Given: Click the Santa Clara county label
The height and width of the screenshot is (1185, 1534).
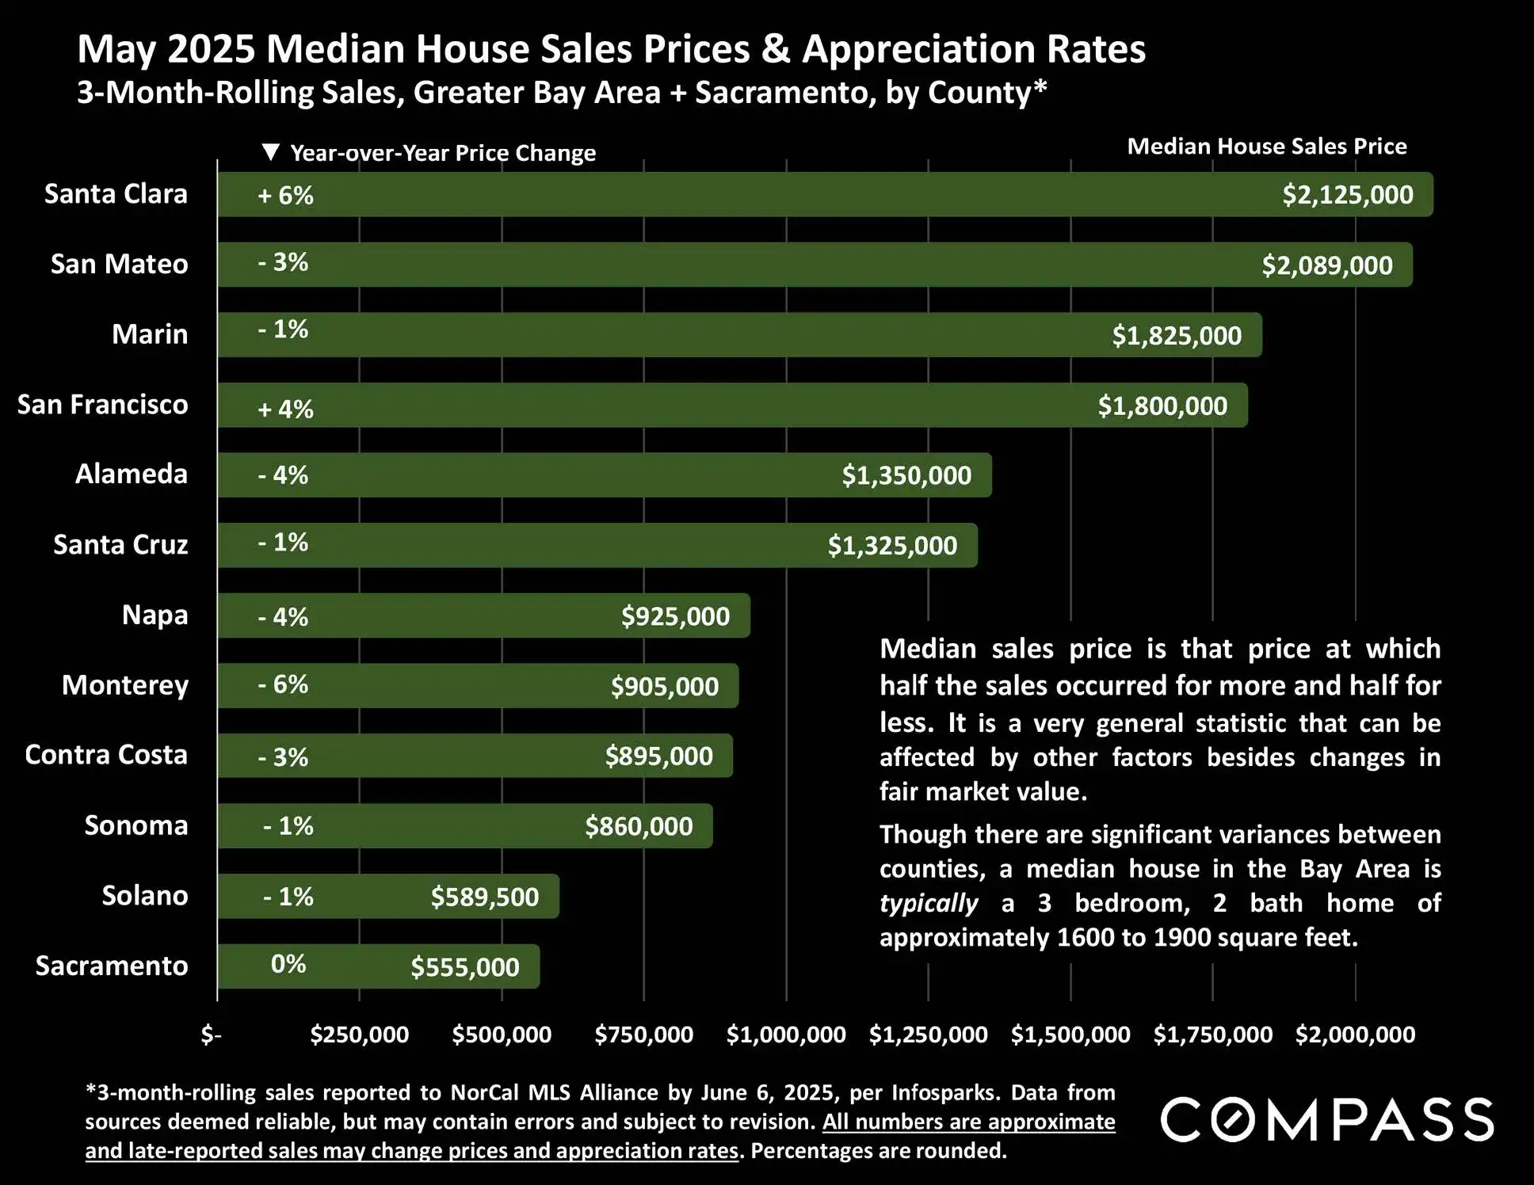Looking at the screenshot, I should [116, 194].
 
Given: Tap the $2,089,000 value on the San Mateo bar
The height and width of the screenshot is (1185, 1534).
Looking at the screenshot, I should [1326, 265].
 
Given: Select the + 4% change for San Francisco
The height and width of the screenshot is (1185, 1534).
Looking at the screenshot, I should [285, 409].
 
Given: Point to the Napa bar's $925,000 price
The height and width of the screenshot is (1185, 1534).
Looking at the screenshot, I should [675, 616].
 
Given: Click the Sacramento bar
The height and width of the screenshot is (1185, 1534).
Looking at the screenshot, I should [378, 966].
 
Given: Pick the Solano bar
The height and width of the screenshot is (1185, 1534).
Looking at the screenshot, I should [387, 897].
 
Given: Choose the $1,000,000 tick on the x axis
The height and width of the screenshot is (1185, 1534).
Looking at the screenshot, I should [786, 1034].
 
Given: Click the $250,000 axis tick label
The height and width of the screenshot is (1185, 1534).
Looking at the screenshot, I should [359, 1034].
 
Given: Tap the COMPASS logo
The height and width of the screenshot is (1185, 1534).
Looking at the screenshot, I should [1327, 1119].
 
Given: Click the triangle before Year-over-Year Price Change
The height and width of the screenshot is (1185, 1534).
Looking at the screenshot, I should [271, 152].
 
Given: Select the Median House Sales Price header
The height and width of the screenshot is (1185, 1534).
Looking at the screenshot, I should [1266, 147].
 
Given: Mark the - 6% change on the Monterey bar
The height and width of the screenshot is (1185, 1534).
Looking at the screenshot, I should [283, 684].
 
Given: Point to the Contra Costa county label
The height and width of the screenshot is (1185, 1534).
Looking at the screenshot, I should [106, 755].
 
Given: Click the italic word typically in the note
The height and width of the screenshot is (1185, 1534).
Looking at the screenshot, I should [929, 904].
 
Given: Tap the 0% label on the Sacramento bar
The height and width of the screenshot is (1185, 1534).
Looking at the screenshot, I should [288, 964].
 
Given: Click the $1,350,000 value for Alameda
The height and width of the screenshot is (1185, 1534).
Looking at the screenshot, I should [906, 475].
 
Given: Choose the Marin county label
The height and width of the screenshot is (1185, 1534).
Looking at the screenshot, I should [150, 334].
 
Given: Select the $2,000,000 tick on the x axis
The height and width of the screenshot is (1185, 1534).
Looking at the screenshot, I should [1354, 1034].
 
